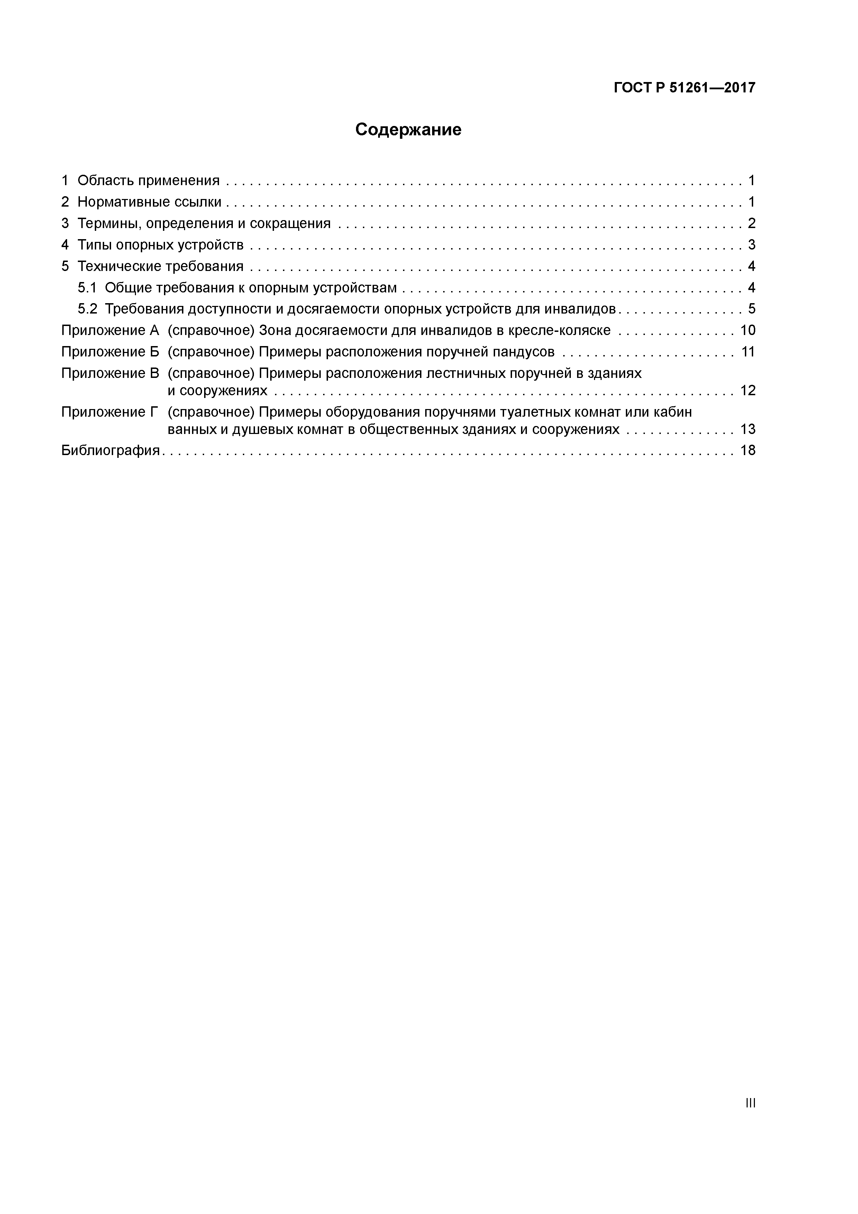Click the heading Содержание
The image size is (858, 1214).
click(x=408, y=129)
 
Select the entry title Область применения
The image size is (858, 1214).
click(x=148, y=181)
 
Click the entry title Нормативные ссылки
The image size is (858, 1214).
click(x=149, y=202)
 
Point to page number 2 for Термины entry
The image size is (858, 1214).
click(x=751, y=224)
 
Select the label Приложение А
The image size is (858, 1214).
click(x=110, y=330)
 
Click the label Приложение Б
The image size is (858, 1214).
click(x=110, y=352)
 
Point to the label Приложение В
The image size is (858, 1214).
click(x=110, y=373)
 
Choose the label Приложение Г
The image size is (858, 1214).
click(x=110, y=412)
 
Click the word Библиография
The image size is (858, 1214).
click(x=110, y=451)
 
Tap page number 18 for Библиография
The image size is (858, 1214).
click(x=748, y=451)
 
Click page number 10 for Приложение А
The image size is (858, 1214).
click(x=748, y=330)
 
